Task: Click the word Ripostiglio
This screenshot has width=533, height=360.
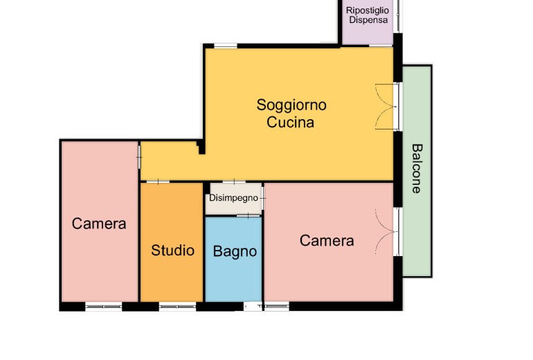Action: click(367, 10)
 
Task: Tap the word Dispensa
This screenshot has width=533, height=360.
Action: click(368, 20)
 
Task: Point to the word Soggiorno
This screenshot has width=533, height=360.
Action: click(291, 105)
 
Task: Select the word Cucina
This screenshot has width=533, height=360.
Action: click(290, 122)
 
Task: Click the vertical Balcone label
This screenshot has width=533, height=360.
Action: click(417, 169)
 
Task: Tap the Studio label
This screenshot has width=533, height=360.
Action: click(172, 250)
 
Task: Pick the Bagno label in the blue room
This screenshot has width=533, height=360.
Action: click(235, 251)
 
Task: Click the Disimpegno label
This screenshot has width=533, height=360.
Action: click(233, 198)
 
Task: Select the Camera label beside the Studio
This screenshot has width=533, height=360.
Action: click(99, 224)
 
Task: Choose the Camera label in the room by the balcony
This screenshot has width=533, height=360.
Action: click(327, 241)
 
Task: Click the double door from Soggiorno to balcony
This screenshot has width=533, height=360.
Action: click(388, 107)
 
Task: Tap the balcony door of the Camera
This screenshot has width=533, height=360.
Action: click(387, 231)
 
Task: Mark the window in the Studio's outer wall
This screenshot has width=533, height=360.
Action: click(177, 307)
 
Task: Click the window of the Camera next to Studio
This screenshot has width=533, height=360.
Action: click(103, 307)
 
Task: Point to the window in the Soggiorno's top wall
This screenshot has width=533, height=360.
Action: click(226, 46)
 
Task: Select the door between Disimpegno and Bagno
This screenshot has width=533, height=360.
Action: click(249, 215)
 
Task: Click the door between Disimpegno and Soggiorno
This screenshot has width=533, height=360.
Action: click(234, 182)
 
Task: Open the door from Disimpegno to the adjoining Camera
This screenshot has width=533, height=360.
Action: click(263, 198)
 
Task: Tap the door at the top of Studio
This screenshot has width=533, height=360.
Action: click(158, 182)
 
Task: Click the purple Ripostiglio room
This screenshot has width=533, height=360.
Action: click(368, 22)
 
